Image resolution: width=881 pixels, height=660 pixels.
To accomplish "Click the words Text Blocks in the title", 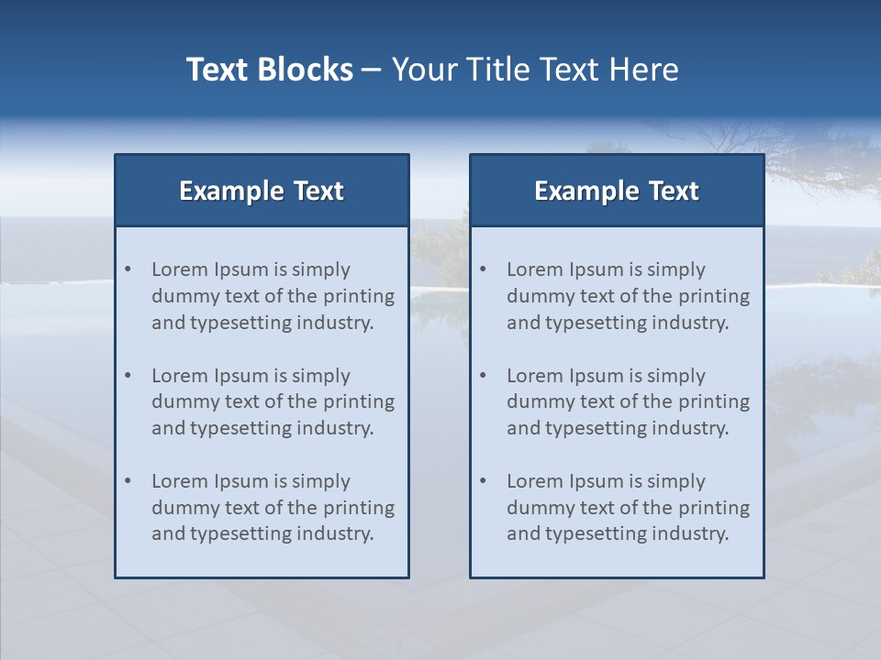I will (x=269, y=70).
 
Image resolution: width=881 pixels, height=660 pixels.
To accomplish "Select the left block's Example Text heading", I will (x=262, y=191).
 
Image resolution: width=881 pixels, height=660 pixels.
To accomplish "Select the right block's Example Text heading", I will (x=617, y=191).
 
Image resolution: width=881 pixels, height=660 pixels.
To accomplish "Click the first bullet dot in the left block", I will (x=128, y=269).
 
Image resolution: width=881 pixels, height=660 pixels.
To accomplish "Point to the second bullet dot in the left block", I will (x=128, y=376).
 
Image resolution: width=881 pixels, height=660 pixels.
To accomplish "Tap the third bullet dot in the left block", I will (x=128, y=481).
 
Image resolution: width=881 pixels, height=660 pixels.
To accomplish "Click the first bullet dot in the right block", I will (x=484, y=269).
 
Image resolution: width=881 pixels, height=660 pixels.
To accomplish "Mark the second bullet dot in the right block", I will (x=484, y=376).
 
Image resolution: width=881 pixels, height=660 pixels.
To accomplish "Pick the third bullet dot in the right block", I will (x=484, y=481).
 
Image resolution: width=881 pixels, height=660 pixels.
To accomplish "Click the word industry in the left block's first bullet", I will (x=339, y=323).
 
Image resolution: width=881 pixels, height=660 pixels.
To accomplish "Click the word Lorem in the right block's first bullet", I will (x=535, y=269).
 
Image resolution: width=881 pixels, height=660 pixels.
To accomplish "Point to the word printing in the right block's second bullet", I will (x=714, y=402).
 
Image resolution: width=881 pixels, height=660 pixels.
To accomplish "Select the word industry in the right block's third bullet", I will (x=694, y=534).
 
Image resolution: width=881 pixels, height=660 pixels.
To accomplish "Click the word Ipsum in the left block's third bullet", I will (x=240, y=481).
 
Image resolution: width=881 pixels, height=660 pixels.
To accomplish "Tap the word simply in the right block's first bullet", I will (x=675, y=270).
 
